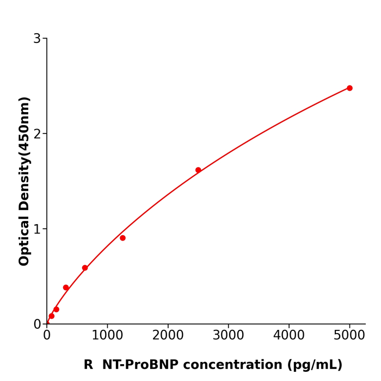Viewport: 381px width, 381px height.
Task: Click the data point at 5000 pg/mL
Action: tap(349, 88)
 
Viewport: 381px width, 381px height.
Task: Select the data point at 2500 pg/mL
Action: tap(198, 170)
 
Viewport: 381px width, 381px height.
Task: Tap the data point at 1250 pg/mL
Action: tap(122, 238)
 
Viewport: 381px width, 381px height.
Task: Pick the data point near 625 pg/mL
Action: tap(85, 268)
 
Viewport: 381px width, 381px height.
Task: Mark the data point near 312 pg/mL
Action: tap(66, 287)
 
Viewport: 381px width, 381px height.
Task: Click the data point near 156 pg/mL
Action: tap(56, 309)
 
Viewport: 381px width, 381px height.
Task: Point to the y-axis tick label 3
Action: tap(37, 39)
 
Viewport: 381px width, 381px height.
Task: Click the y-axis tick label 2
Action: tap(37, 134)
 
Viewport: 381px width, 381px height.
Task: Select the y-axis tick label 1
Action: tap(37, 229)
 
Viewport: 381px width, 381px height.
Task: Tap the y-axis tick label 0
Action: tap(37, 324)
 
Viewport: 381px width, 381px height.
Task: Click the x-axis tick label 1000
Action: tap(107, 335)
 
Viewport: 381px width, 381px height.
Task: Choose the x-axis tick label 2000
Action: tap(168, 335)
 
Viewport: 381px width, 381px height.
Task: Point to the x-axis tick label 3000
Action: tap(228, 335)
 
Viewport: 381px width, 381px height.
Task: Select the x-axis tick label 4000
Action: tap(288, 335)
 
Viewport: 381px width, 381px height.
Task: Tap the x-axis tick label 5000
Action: tap(349, 335)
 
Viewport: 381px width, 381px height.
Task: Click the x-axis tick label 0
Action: tap(47, 335)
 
